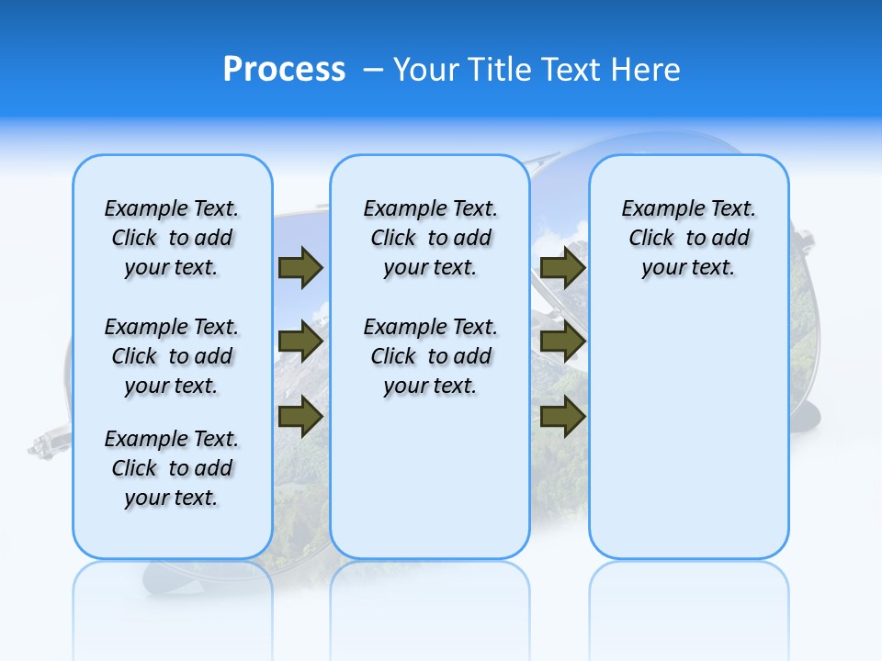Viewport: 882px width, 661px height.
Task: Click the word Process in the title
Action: [284, 70]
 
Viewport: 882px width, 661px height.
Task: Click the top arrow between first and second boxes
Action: [300, 267]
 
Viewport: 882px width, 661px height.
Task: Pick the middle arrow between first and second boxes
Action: [300, 342]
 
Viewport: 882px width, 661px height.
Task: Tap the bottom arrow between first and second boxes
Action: [300, 416]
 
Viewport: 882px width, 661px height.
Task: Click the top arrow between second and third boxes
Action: [563, 267]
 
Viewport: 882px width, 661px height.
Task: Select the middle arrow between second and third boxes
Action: [563, 342]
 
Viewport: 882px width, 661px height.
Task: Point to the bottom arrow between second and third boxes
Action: [563, 416]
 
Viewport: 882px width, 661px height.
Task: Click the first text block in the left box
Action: [172, 238]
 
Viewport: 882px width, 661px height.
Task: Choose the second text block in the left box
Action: [172, 356]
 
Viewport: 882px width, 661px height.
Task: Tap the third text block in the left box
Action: [172, 468]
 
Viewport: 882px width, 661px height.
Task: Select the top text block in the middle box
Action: [430, 238]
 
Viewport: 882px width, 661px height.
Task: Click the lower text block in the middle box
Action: [430, 356]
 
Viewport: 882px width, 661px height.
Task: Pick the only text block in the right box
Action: [688, 238]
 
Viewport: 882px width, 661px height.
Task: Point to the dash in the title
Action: [373, 70]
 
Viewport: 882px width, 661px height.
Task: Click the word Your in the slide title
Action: [426, 70]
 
